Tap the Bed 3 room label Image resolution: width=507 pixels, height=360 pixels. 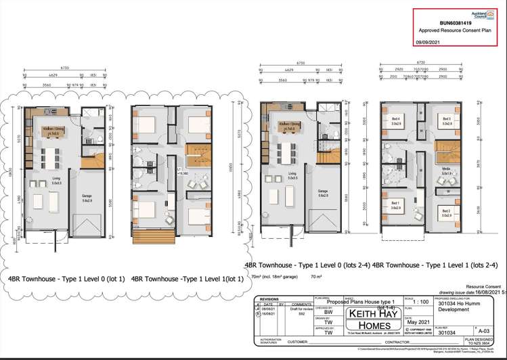[446, 120]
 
